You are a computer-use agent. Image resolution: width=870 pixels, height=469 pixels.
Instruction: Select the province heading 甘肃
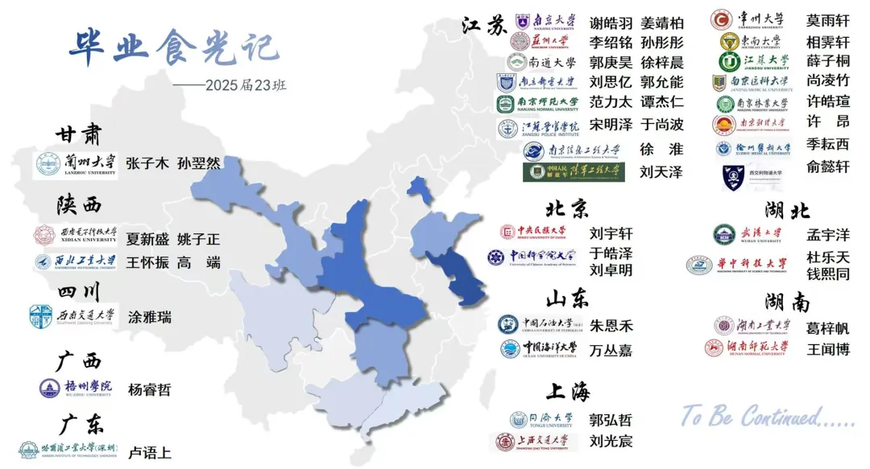79,134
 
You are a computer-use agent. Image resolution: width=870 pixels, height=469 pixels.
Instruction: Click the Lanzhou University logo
75,164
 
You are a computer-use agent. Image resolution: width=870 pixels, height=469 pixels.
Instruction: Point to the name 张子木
147,164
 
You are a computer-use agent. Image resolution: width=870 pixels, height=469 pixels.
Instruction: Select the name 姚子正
198,239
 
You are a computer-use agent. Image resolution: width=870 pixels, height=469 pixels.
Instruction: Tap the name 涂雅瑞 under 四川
149,317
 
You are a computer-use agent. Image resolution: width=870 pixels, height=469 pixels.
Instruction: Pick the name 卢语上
149,453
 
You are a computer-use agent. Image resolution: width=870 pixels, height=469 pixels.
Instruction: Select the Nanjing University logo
545,21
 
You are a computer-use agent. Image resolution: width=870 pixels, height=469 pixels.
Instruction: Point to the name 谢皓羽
611,23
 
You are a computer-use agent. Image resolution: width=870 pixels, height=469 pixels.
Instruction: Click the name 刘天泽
661,171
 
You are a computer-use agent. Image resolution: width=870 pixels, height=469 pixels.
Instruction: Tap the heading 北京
567,209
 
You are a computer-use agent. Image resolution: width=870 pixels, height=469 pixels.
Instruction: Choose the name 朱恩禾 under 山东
611,326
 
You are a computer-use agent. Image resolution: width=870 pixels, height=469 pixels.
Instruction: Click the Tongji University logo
541,419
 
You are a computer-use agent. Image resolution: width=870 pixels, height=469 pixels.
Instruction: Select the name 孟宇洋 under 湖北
827,235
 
